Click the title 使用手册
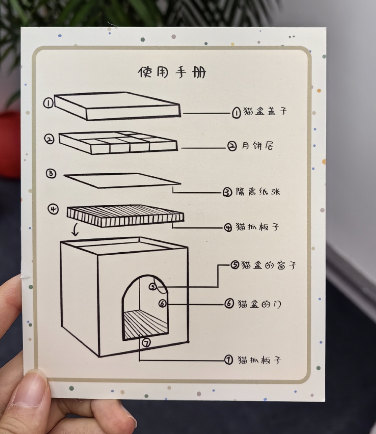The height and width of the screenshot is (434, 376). (172, 73)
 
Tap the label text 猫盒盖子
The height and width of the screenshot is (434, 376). (265, 111)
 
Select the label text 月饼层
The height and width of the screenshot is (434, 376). (257, 146)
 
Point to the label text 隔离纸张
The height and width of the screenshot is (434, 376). (258, 191)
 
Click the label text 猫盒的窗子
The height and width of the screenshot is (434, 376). (269, 265)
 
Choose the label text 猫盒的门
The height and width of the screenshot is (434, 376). (259, 304)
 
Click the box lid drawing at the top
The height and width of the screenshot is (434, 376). (117, 106)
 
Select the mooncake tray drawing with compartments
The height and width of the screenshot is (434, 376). (118, 143)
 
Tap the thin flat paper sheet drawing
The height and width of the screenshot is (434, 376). (122, 181)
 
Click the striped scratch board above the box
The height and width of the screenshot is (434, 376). (125, 216)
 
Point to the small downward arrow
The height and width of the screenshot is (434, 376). (75, 230)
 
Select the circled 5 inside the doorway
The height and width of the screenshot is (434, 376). (153, 287)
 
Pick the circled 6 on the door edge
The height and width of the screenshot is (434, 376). (162, 303)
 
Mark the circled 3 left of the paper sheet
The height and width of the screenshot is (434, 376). (51, 174)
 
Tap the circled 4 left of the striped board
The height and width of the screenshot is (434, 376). (53, 209)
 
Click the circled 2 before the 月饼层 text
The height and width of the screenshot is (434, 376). (232, 146)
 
